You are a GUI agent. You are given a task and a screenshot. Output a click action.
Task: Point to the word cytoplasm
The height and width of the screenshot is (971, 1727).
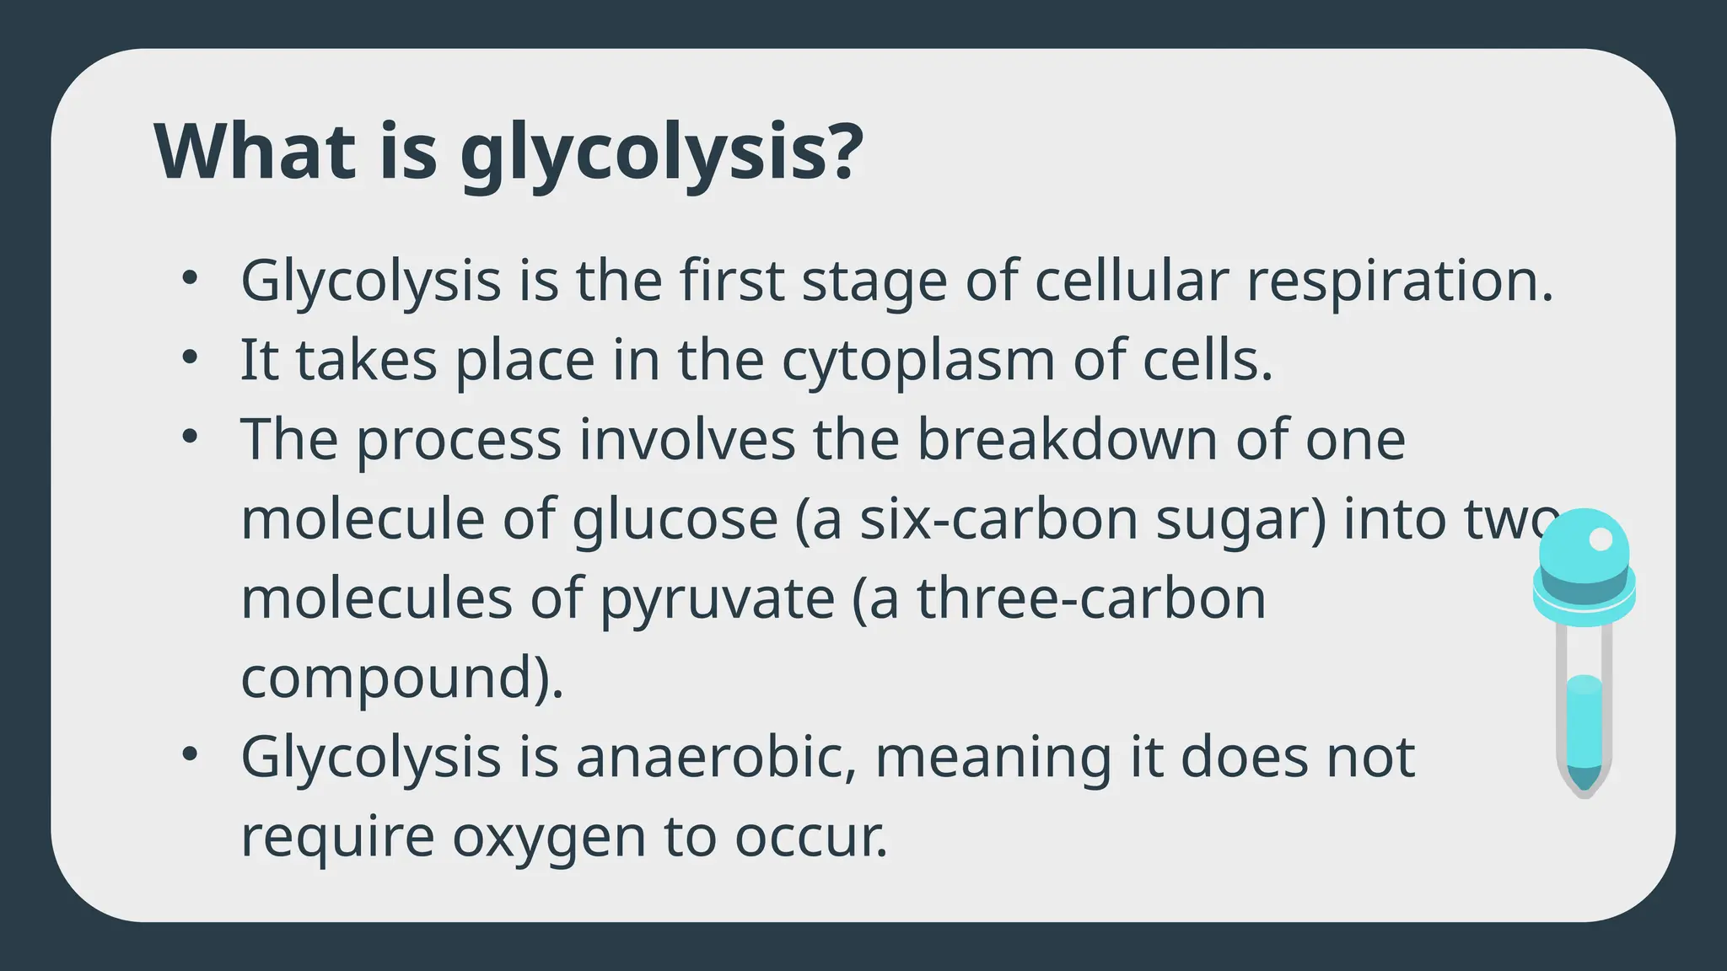(x=918, y=361)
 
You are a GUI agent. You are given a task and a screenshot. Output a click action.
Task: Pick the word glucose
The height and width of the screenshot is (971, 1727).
(x=675, y=518)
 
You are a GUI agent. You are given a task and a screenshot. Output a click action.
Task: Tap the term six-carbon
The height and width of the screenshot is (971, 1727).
(x=998, y=518)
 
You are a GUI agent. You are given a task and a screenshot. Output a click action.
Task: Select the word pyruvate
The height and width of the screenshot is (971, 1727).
(x=717, y=598)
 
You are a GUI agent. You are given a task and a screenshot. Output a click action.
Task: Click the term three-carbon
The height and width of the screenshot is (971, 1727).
(x=1091, y=598)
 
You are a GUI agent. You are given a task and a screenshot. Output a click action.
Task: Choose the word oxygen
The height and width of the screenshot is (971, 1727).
(x=549, y=837)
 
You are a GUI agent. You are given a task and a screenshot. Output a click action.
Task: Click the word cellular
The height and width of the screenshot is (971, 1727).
(x=1131, y=281)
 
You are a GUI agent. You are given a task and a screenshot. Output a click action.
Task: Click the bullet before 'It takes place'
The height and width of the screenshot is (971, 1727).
(x=190, y=357)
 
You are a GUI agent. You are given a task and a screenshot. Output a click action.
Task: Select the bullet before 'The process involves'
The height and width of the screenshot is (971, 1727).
(x=190, y=437)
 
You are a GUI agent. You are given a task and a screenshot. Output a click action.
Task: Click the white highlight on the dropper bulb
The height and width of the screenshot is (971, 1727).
(x=1600, y=539)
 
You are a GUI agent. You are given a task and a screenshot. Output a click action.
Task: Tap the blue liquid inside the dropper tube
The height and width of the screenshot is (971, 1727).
(x=1584, y=716)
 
